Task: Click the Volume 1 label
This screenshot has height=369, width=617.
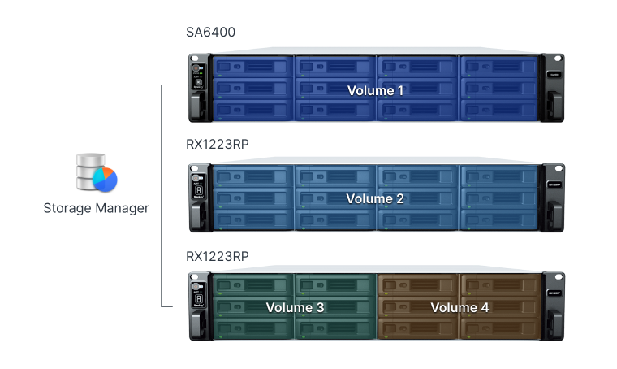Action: [x=375, y=90]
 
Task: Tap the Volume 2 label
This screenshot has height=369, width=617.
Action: [x=374, y=198]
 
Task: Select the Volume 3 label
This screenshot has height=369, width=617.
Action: [x=295, y=307]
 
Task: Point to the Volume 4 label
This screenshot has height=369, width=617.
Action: [x=460, y=307]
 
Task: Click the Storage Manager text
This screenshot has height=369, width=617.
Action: [x=97, y=208]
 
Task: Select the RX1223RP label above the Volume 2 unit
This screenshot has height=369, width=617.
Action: [x=218, y=144]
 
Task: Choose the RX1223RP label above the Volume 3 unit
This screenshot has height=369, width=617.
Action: [x=218, y=254]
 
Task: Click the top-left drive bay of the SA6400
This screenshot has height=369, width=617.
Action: [x=252, y=65]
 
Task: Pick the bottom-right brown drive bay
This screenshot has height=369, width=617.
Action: [x=499, y=327]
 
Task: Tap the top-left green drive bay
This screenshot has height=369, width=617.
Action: [x=252, y=284]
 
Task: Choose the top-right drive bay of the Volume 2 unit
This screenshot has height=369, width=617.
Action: [x=499, y=175]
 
